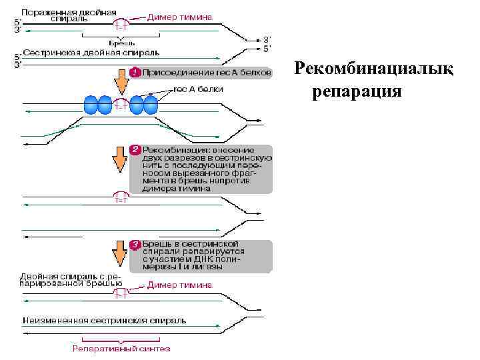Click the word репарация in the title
coord(357,90)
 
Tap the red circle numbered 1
coord(133,72)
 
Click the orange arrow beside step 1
coord(121,81)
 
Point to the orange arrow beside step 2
coord(121,158)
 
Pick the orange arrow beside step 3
coord(121,253)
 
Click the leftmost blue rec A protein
coord(91,105)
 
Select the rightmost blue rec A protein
coord(150,105)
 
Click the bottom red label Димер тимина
coord(180,285)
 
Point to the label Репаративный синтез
coord(121,348)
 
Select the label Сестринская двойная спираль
coord(91,51)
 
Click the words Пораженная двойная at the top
coord(68,12)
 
